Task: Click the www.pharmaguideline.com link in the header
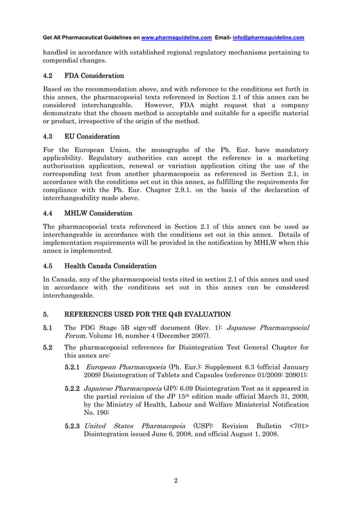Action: (x=176, y=38)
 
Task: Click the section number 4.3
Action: (x=49, y=137)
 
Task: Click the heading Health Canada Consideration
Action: (x=110, y=265)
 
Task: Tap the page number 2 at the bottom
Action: (x=176, y=480)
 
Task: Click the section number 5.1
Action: (x=49, y=328)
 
